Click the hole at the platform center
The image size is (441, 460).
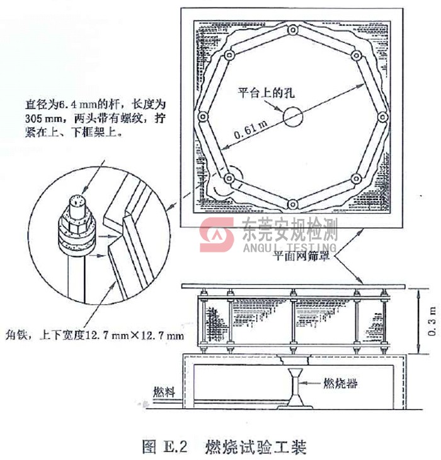(x=292, y=116)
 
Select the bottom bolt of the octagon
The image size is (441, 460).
(x=292, y=203)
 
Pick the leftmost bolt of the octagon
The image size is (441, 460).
(x=203, y=117)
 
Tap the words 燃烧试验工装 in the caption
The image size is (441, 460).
(x=255, y=448)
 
